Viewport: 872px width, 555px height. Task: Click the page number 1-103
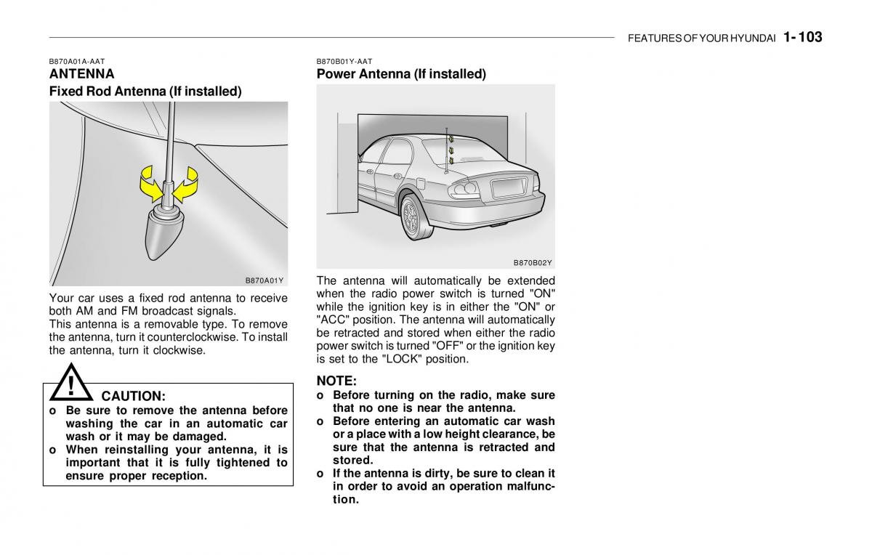coord(803,37)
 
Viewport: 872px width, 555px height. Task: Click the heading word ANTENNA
coord(81,74)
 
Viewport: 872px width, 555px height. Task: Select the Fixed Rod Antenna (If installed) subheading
coord(145,92)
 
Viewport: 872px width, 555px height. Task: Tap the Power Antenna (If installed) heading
coord(401,74)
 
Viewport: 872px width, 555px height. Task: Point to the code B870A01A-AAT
coord(77,62)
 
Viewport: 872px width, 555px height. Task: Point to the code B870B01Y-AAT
coord(344,62)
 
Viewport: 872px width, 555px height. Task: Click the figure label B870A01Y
coord(263,280)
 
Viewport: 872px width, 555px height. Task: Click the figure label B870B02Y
coord(533,263)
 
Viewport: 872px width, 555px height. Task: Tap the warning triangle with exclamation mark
coord(71,384)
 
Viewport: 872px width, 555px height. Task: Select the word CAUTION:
coord(133,397)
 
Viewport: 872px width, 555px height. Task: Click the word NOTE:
coord(336,381)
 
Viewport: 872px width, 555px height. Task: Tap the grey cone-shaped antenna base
coord(166,232)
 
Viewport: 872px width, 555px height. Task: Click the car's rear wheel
coord(412,218)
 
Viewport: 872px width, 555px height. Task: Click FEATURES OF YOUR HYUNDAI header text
coord(702,39)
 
